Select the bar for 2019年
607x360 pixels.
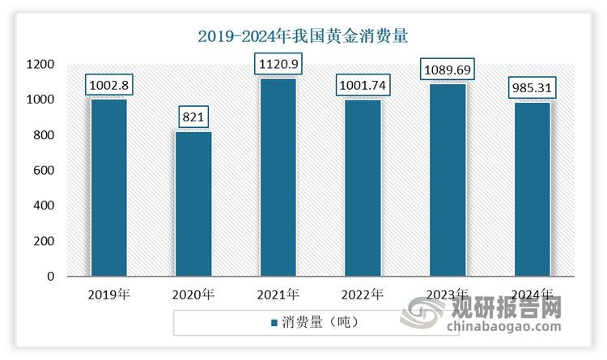[108, 188]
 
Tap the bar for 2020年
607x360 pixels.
[193, 204]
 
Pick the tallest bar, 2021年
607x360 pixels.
[278, 177]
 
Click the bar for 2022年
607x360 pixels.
[363, 188]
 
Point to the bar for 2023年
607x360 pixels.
[448, 180]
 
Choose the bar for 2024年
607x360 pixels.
[533, 189]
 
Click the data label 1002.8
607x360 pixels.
[109, 85]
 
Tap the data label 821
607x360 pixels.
[193, 117]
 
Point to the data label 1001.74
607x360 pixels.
[363, 85]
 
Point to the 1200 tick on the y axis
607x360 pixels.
[40, 65]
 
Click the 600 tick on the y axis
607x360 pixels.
[43, 171]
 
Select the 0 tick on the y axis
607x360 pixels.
[50, 277]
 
